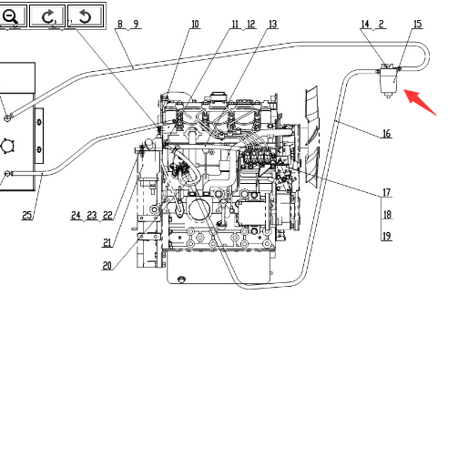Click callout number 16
[386, 134]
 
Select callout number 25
[27, 215]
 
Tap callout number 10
[195, 24]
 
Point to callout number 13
[273, 24]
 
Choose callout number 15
[418, 24]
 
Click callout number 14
[365, 24]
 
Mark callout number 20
[107, 266]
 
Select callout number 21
[107, 243]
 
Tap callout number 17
[386, 192]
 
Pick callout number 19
[386, 236]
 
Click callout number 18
[387, 215]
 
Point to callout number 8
[120, 24]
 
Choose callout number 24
[76, 215]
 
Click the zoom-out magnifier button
[12, 15]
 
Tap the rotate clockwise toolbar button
[47, 15]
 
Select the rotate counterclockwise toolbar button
[86, 15]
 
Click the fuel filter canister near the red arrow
[389, 81]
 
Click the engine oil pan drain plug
[181, 279]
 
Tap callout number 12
[251, 24]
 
